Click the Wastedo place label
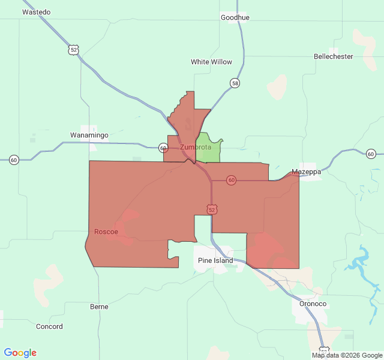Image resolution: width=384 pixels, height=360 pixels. [36, 12]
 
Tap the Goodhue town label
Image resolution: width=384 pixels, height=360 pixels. [235, 17]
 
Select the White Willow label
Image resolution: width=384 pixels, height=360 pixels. [211, 62]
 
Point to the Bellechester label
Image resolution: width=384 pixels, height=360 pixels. [333, 56]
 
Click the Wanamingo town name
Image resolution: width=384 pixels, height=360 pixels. [89, 135]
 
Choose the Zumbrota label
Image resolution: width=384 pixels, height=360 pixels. [196, 147]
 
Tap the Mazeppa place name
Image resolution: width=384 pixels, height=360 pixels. [306, 172]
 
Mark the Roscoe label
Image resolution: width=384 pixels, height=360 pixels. [106, 232]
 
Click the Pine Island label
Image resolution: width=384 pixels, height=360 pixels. [215, 260]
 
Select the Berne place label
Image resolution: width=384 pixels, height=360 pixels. [99, 307]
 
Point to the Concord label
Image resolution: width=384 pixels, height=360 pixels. [49, 326]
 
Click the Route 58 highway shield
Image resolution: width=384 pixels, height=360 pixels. [235, 83]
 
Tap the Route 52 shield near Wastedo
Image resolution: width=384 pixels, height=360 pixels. [73, 50]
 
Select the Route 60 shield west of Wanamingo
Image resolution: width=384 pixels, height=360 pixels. [14, 160]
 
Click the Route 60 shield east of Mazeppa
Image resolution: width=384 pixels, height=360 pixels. [370, 154]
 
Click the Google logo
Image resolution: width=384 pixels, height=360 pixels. [20, 353]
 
